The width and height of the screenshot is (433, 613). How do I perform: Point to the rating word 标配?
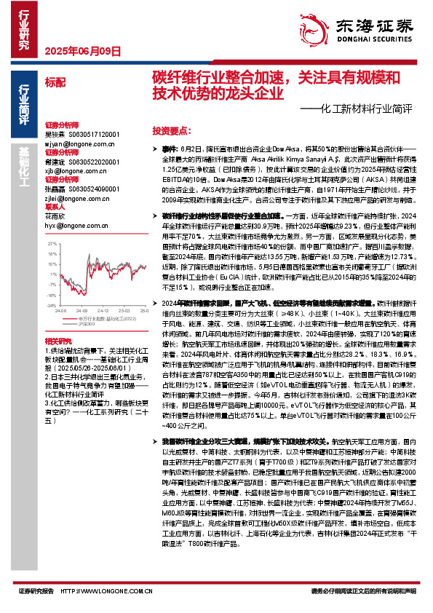(55, 82)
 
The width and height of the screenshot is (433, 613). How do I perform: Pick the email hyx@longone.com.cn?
(72, 225)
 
